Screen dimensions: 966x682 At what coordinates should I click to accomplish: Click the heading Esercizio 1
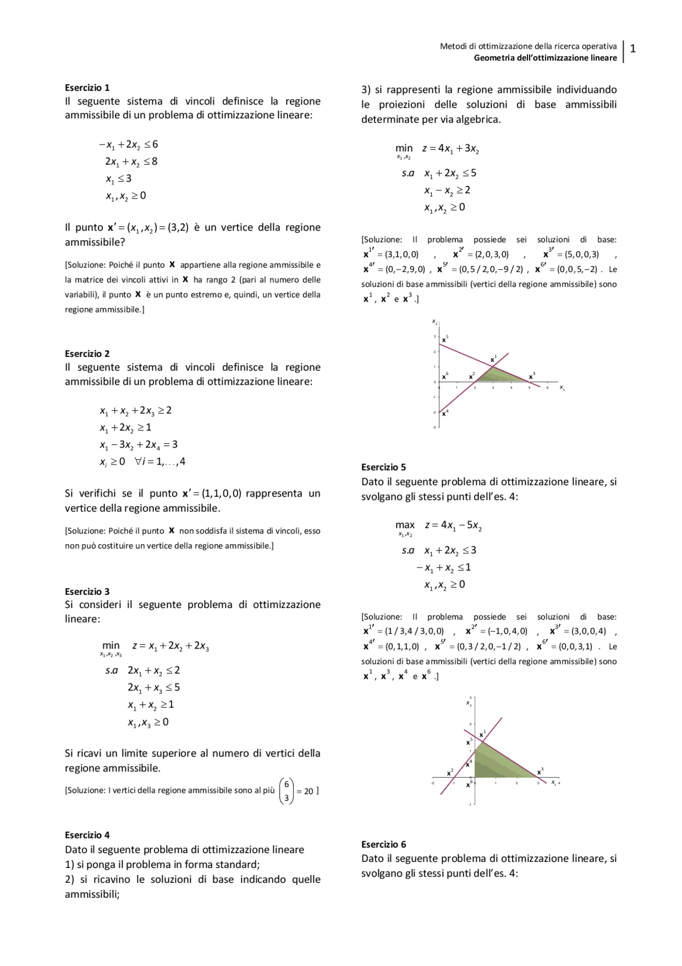tap(87, 87)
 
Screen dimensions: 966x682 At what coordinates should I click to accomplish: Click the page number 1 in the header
tap(633, 49)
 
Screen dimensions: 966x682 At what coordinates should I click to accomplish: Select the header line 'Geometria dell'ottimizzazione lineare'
tap(545, 58)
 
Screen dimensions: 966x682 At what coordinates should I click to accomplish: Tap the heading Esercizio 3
tap(87, 592)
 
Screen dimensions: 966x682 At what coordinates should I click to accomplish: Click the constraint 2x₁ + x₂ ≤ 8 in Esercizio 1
tap(131, 161)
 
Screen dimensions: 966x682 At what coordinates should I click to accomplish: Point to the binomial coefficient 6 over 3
tap(287, 791)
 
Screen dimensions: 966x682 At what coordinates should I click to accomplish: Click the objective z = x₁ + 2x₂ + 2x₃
tap(170, 646)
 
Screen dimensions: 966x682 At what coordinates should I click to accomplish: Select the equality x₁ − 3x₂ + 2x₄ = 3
tap(139, 444)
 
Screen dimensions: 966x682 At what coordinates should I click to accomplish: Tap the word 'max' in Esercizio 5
tap(405, 525)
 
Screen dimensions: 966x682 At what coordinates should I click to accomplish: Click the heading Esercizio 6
tap(384, 844)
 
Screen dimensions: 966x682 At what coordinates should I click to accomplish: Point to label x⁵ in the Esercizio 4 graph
tap(445, 339)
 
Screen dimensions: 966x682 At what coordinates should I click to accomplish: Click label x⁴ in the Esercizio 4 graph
tap(445, 413)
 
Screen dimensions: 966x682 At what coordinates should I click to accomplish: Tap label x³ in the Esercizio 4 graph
tap(532, 377)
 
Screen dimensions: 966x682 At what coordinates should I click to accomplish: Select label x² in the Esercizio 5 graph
tap(450, 772)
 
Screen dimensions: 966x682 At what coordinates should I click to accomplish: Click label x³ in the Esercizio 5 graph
tap(540, 771)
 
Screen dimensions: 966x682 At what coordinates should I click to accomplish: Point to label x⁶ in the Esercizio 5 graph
tap(469, 784)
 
